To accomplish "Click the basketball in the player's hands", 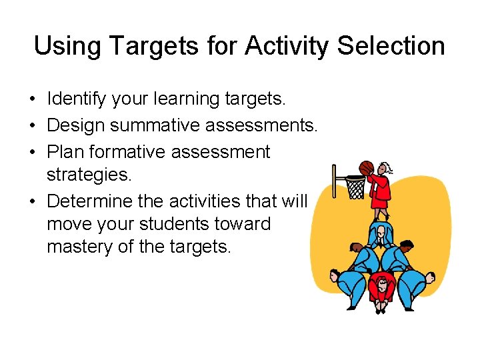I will tap(366, 167).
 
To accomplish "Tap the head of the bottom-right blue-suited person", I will tap(429, 275).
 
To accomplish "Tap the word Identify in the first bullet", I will tap(75, 99).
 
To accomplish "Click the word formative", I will tap(129, 151).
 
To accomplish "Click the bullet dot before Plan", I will tap(32, 153).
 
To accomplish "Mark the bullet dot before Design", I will tap(32, 126).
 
